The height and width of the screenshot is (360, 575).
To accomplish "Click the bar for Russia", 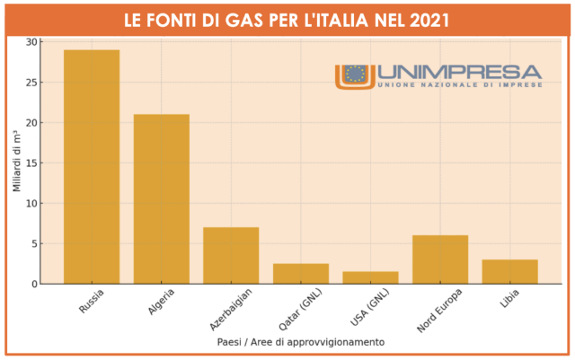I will click(x=92, y=167).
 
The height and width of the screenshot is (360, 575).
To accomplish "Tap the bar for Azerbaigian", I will click(x=231, y=256).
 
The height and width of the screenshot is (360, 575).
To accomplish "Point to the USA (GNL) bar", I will click(x=370, y=278).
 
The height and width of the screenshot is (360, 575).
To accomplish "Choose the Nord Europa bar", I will click(x=440, y=259).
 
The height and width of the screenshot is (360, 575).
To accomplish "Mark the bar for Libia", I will click(x=509, y=272).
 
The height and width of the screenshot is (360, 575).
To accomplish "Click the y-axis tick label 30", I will click(x=32, y=42).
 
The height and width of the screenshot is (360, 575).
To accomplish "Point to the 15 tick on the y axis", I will click(x=32, y=163).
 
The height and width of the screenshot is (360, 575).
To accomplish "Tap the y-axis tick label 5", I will click(x=35, y=244).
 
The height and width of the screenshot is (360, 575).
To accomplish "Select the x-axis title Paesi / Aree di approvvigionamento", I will click(x=301, y=342).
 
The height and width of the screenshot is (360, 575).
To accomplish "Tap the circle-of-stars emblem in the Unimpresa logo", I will click(x=355, y=75).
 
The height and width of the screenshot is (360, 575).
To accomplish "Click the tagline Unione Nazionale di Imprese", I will click(x=458, y=83).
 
